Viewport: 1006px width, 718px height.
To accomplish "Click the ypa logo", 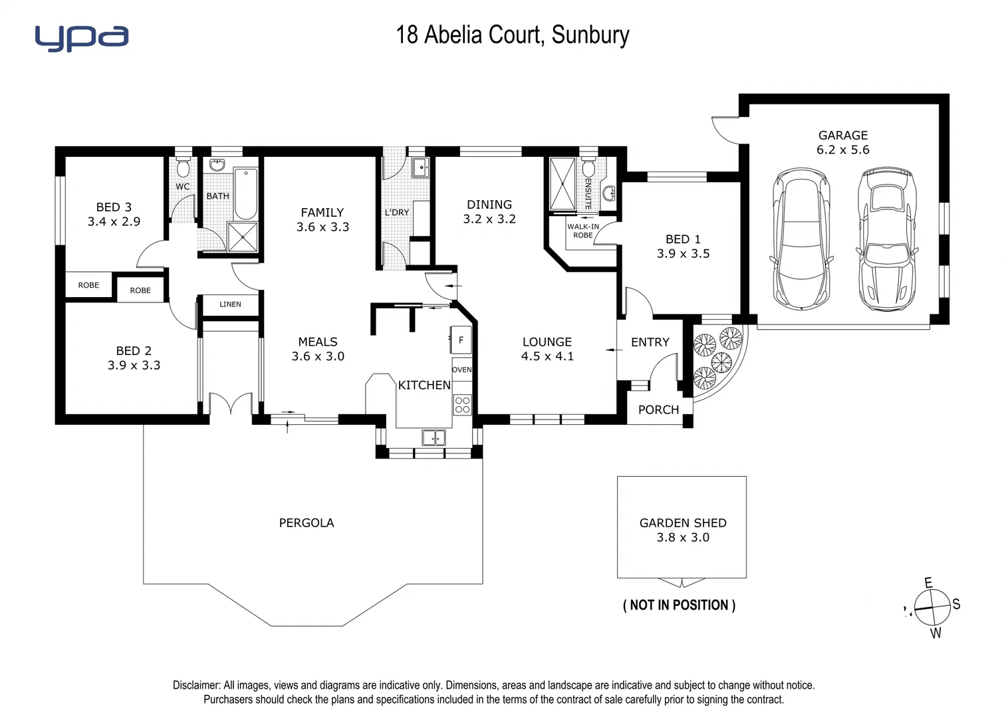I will tap(81, 38).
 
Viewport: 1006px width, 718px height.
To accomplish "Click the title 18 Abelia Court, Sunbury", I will tap(512, 35).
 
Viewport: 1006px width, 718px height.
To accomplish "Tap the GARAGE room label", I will tap(842, 135).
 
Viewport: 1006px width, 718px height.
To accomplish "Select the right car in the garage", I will tap(885, 239).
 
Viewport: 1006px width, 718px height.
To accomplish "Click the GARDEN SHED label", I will tap(683, 523).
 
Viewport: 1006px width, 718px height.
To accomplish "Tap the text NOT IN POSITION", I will tap(679, 605).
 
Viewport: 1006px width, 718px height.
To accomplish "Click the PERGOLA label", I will tap(307, 523).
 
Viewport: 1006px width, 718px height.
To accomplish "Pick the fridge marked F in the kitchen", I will tap(461, 340).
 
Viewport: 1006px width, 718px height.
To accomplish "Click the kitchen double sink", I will tap(434, 437).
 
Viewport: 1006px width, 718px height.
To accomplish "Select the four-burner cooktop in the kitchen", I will tap(462, 404).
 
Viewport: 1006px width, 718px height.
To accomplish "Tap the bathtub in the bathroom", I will tap(245, 193).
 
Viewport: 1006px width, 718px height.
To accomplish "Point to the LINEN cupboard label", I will tap(230, 304).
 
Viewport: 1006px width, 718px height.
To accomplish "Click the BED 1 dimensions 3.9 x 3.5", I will tap(683, 254).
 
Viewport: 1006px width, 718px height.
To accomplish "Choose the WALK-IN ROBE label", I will tap(582, 231).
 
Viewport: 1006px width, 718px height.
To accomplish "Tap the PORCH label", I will tap(658, 410).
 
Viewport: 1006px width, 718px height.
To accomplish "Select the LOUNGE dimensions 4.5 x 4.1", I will tap(547, 356).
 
